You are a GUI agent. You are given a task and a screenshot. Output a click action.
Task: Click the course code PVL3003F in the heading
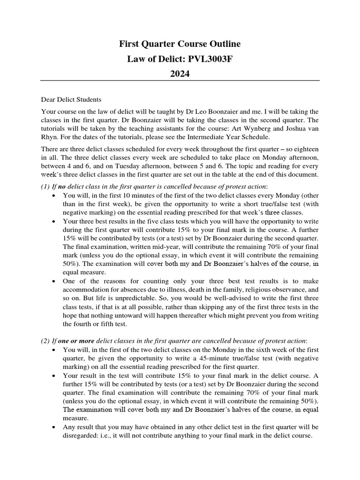[x=214, y=59]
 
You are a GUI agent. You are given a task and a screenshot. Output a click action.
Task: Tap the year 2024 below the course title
[x=180, y=74]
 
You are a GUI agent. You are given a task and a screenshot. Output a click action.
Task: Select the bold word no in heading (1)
[x=62, y=187]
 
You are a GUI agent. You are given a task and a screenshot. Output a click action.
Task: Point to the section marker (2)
[x=46, y=340]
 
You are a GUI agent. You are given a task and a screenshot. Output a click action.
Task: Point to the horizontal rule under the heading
[x=180, y=81]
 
